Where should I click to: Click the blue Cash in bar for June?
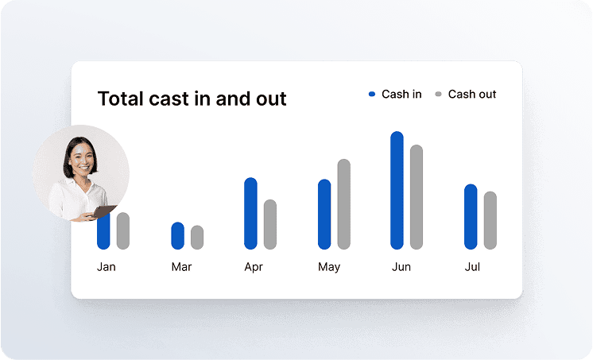click(x=397, y=190)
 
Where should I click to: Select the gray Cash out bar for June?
click(x=417, y=197)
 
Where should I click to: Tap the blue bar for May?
click(x=324, y=214)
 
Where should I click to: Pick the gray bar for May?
click(x=343, y=204)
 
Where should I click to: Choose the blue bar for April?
click(x=250, y=213)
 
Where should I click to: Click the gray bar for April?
click(x=270, y=224)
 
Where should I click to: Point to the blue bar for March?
click(x=178, y=235)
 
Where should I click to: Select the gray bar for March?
click(x=197, y=238)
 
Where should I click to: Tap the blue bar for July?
click(x=471, y=217)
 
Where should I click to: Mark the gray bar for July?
click(x=490, y=220)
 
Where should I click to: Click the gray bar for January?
click(x=123, y=230)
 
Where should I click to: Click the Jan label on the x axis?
click(x=107, y=266)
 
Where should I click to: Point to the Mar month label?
click(x=181, y=266)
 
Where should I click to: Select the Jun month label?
click(x=401, y=266)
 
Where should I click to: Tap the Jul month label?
click(x=472, y=266)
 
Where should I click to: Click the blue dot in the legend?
click(x=372, y=94)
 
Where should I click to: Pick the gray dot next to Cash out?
click(x=438, y=94)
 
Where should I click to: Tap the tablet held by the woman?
click(x=103, y=211)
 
